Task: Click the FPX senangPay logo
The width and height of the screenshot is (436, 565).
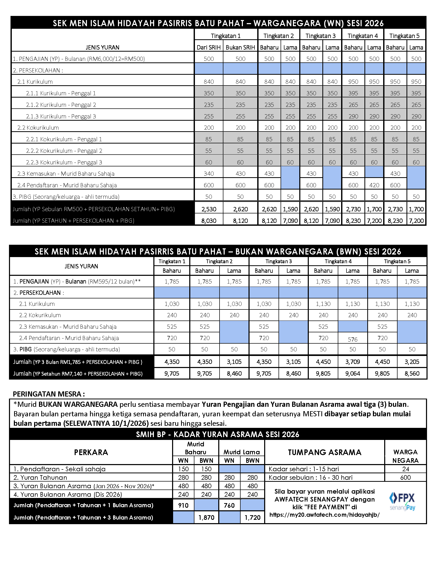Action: click(x=402, y=501)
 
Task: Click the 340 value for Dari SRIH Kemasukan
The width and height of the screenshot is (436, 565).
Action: click(x=209, y=174)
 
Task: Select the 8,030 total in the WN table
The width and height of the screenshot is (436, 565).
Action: click(x=209, y=221)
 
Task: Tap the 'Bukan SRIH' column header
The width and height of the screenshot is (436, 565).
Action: click(x=240, y=47)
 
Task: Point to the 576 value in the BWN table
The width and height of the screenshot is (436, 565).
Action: click(x=353, y=339)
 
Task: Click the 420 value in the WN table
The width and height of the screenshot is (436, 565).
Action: click(x=374, y=185)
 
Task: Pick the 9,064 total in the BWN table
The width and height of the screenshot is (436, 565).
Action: click(x=353, y=373)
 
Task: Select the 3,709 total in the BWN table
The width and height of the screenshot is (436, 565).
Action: click(x=353, y=362)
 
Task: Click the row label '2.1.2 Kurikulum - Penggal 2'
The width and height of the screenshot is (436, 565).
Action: click(x=61, y=105)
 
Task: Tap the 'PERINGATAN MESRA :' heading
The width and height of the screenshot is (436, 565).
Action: click(x=49, y=394)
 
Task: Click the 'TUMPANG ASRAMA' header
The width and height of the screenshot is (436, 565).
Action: click(x=324, y=452)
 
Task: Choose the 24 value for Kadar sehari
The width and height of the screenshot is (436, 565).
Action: click(x=405, y=469)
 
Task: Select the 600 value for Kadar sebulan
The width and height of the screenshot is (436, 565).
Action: click(x=405, y=477)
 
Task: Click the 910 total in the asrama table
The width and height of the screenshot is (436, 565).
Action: click(x=183, y=505)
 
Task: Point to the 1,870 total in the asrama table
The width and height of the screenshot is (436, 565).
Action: click(x=206, y=517)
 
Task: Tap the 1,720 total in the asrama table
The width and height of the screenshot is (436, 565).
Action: click(x=252, y=517)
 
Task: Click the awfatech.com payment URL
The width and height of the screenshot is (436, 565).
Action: click(x=324, y=515)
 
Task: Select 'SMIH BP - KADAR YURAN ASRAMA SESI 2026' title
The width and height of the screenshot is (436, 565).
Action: click(x=217, y=434)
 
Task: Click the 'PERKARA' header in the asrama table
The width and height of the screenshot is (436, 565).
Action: click(x=91, y=452)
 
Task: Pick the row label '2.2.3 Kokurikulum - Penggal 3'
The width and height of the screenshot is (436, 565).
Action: click(x=64, y=162)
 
